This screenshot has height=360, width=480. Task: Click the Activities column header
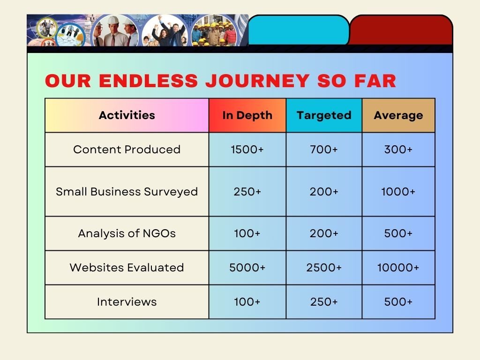(127, 115)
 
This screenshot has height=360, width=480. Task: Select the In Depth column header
(247, 115)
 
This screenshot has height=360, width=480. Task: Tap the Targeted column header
(324, 115)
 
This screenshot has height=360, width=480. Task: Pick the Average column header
(398, 115)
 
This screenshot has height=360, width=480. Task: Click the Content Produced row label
(127, 150)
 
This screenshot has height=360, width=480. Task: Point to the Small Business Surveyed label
(127, 191)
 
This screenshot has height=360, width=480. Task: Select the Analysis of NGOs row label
(127, 233)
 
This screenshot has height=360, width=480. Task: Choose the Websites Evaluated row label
(127, 268)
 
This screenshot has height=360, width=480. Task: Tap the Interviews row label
(127, 302)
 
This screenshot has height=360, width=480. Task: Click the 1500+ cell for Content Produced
(247, 150)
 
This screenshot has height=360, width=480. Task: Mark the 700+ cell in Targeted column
(324, 150)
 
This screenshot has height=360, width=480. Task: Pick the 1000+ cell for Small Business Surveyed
(398, 191)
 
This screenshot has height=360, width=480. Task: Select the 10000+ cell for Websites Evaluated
(398, 268)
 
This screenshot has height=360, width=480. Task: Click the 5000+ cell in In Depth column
(247, 268)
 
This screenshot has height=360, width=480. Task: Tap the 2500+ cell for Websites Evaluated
(324, 268)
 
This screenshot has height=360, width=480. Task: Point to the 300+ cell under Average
(398, 150)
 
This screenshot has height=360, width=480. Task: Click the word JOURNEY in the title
(257, 81)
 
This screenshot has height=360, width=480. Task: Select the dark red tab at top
(401, 30)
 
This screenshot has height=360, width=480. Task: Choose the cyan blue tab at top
(299, 30)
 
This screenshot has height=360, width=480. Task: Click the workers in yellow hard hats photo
(214, 31)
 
